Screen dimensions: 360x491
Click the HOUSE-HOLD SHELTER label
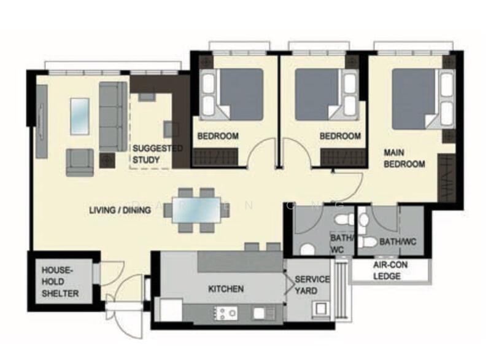pyautogui.click(x=60, y=282)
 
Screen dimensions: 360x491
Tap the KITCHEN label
pyautogui.click(x=225, y=289)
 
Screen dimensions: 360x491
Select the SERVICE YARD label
pyautogui.click(x=312, y=284)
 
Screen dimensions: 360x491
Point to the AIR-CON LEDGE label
pyautogui.click(x=388, y=272)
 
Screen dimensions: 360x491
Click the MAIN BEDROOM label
pyautogui.click(x=404, y=158)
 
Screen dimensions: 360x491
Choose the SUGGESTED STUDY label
pyautogui.click(x=157, y=154)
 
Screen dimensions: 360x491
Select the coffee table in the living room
pyautogui.click(x=80, y=115)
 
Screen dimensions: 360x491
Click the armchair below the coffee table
pyautogui.click(x=80, y=162)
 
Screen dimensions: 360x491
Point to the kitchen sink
pyautogui.click(x=264, y=313)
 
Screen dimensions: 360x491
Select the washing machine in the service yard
pyautogui.click(x=320, y=308)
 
